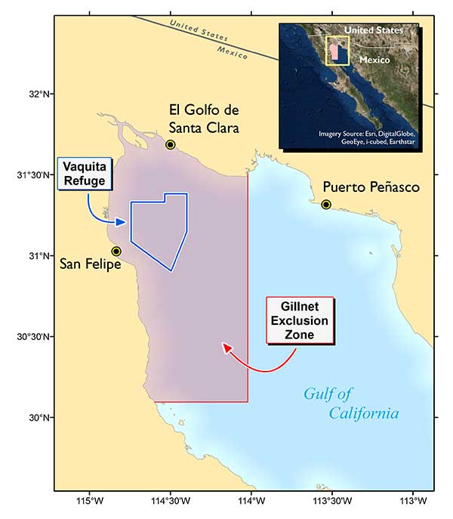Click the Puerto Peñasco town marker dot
pos(326,205)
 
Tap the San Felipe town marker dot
pos(116,251)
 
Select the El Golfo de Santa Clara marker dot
pos(171,144)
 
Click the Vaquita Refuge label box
pos(84,173)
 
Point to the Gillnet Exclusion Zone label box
pos(300,321)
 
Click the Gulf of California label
pos(351,403)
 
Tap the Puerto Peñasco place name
pos(371,187)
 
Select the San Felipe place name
pos(91,264)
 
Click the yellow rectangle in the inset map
pos(337,49)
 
